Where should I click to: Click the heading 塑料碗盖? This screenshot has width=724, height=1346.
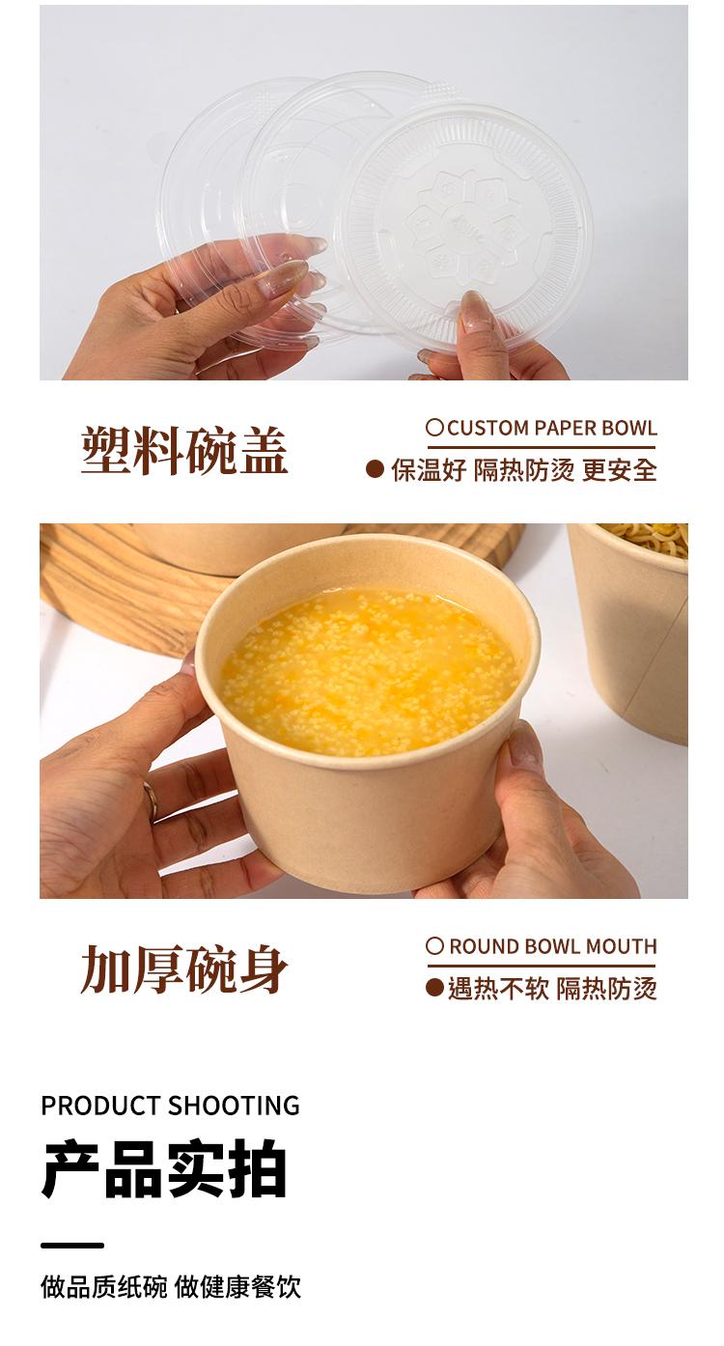point(184,451)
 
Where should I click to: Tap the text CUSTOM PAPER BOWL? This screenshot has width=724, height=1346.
point(552,428)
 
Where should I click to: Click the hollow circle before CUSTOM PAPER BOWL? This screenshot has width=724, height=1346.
point(434,427)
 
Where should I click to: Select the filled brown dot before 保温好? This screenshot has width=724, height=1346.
point(375,469)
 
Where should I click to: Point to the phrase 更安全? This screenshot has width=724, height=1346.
point(620,469)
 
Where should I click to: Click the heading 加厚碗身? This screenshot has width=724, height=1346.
point(184,969)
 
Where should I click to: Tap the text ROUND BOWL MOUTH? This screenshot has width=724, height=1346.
point(553,946)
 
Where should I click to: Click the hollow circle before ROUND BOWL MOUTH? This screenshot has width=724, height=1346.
point(434,946)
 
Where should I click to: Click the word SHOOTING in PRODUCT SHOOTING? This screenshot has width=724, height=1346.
point(234,1106)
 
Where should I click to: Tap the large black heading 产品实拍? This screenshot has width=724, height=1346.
point(164,1169)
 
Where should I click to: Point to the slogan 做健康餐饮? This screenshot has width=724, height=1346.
point(237,1287)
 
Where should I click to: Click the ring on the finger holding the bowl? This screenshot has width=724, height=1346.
point(151,801)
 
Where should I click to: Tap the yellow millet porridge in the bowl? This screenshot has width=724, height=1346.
point(368,671)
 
